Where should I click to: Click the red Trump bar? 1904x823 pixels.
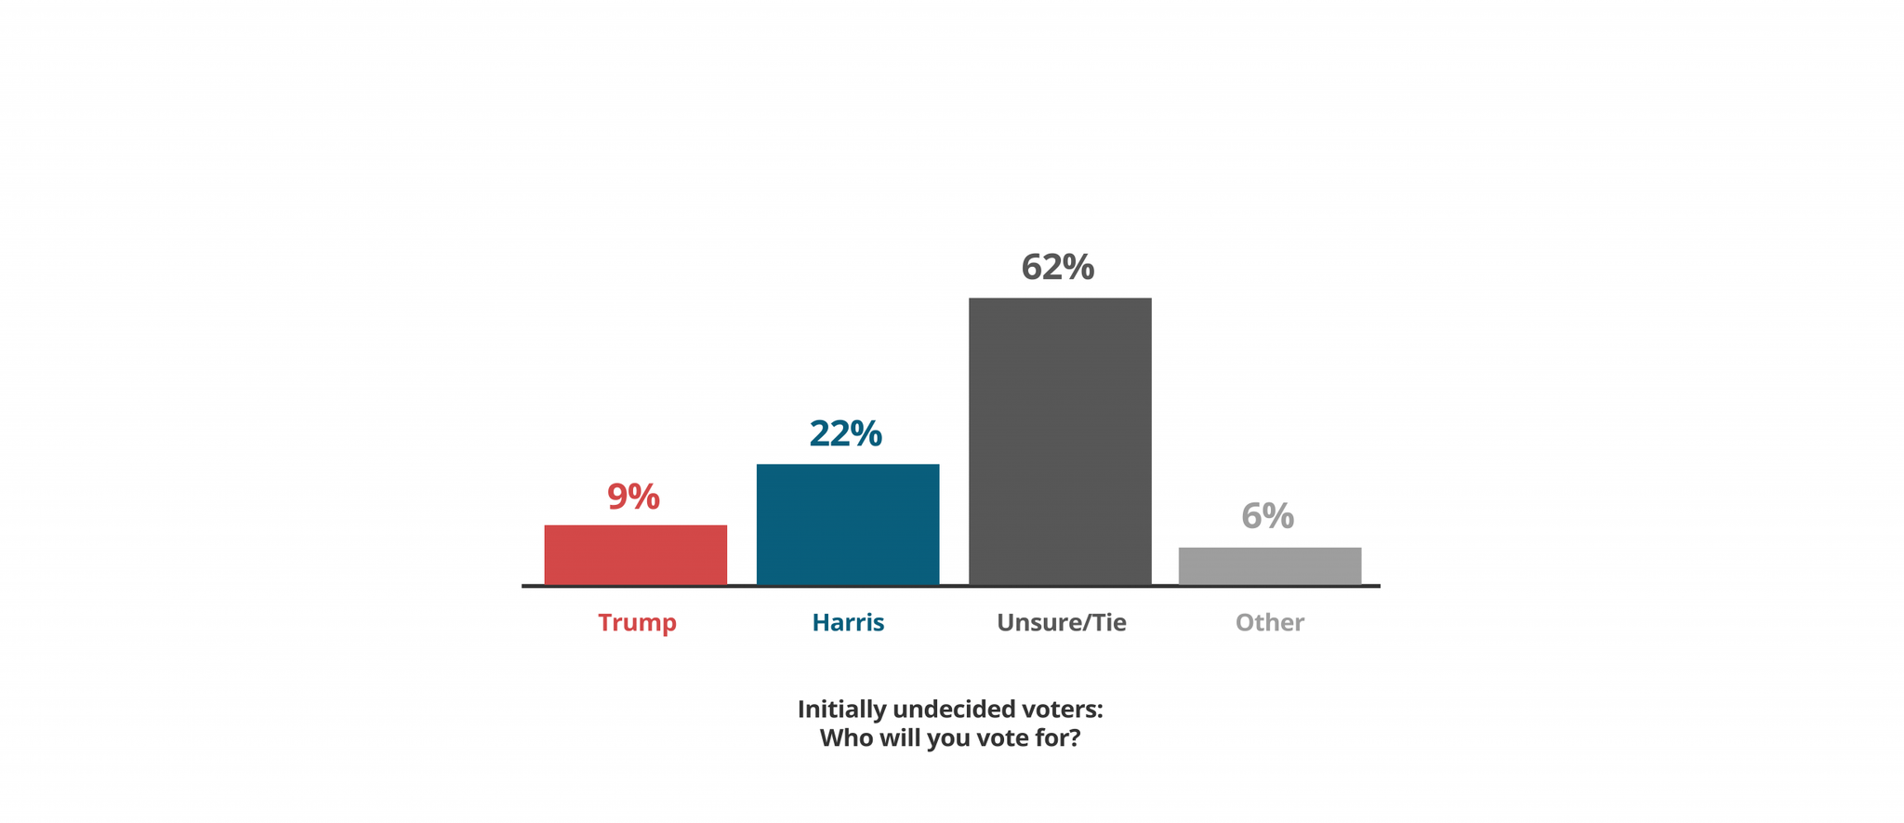click(x=635, y=554)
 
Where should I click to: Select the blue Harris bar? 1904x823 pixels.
click(x=847, y=524)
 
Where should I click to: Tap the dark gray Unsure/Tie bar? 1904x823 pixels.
click(x=1059, y=441)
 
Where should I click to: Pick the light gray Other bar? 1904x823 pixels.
click(x=1269, y=565)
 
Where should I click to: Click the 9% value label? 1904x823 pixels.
click(x=633, y=497)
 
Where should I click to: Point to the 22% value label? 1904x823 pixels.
click(x=845, y=433)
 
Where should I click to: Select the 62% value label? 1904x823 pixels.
click(x=1057, y=268)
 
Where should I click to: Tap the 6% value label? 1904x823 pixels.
click(x=1267, y=516)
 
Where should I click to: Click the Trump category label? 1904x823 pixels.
click(x=637, y=622)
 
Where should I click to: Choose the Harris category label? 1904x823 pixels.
click(x=848, y=622)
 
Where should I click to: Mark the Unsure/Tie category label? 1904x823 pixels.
click(x=1061, y=622)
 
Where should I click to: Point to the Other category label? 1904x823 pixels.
click(x=1269, y=622)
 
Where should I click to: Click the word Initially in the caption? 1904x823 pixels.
click(x=841, y=710)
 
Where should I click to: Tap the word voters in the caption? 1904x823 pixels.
click(x=1060, y=710)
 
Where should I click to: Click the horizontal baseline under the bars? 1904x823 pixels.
click(x=950, y=586)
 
